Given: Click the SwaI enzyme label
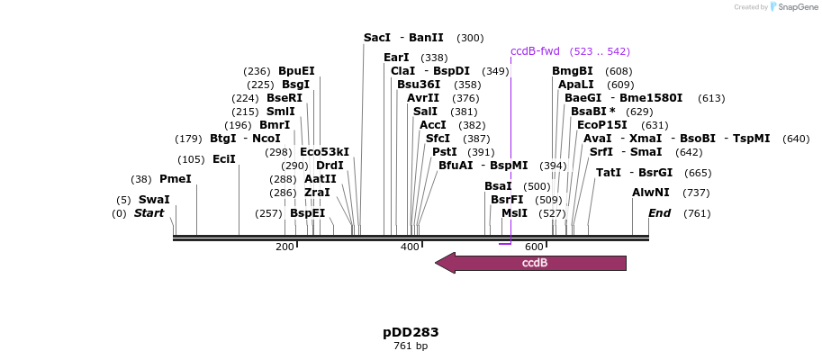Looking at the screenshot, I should tap(154, 200).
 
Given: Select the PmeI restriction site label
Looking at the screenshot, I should tap(176, 179).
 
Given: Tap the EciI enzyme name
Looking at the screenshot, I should tap(224, 159).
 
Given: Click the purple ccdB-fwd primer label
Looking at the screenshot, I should tap(535, 51).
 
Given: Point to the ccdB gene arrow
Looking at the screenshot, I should tap(530, 263).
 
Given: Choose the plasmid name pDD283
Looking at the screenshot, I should tap(411, 332).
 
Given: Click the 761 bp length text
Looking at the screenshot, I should tap(411, 346).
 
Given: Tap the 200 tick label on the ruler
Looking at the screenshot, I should tap(285, 247).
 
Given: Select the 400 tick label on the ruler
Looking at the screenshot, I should tap(410, 247).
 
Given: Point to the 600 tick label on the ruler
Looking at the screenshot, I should tap(534, 247).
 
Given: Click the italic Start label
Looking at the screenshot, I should tap(149, 213).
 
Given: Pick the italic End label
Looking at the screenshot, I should tap(660, 213).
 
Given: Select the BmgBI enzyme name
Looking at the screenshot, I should tap(573, 71).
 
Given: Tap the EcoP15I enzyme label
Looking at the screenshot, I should tap(602, 125).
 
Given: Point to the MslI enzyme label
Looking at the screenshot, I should tap(515, 213).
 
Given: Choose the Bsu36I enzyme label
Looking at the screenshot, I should tap(419, 85).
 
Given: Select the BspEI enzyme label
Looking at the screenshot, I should tap(308, 213).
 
